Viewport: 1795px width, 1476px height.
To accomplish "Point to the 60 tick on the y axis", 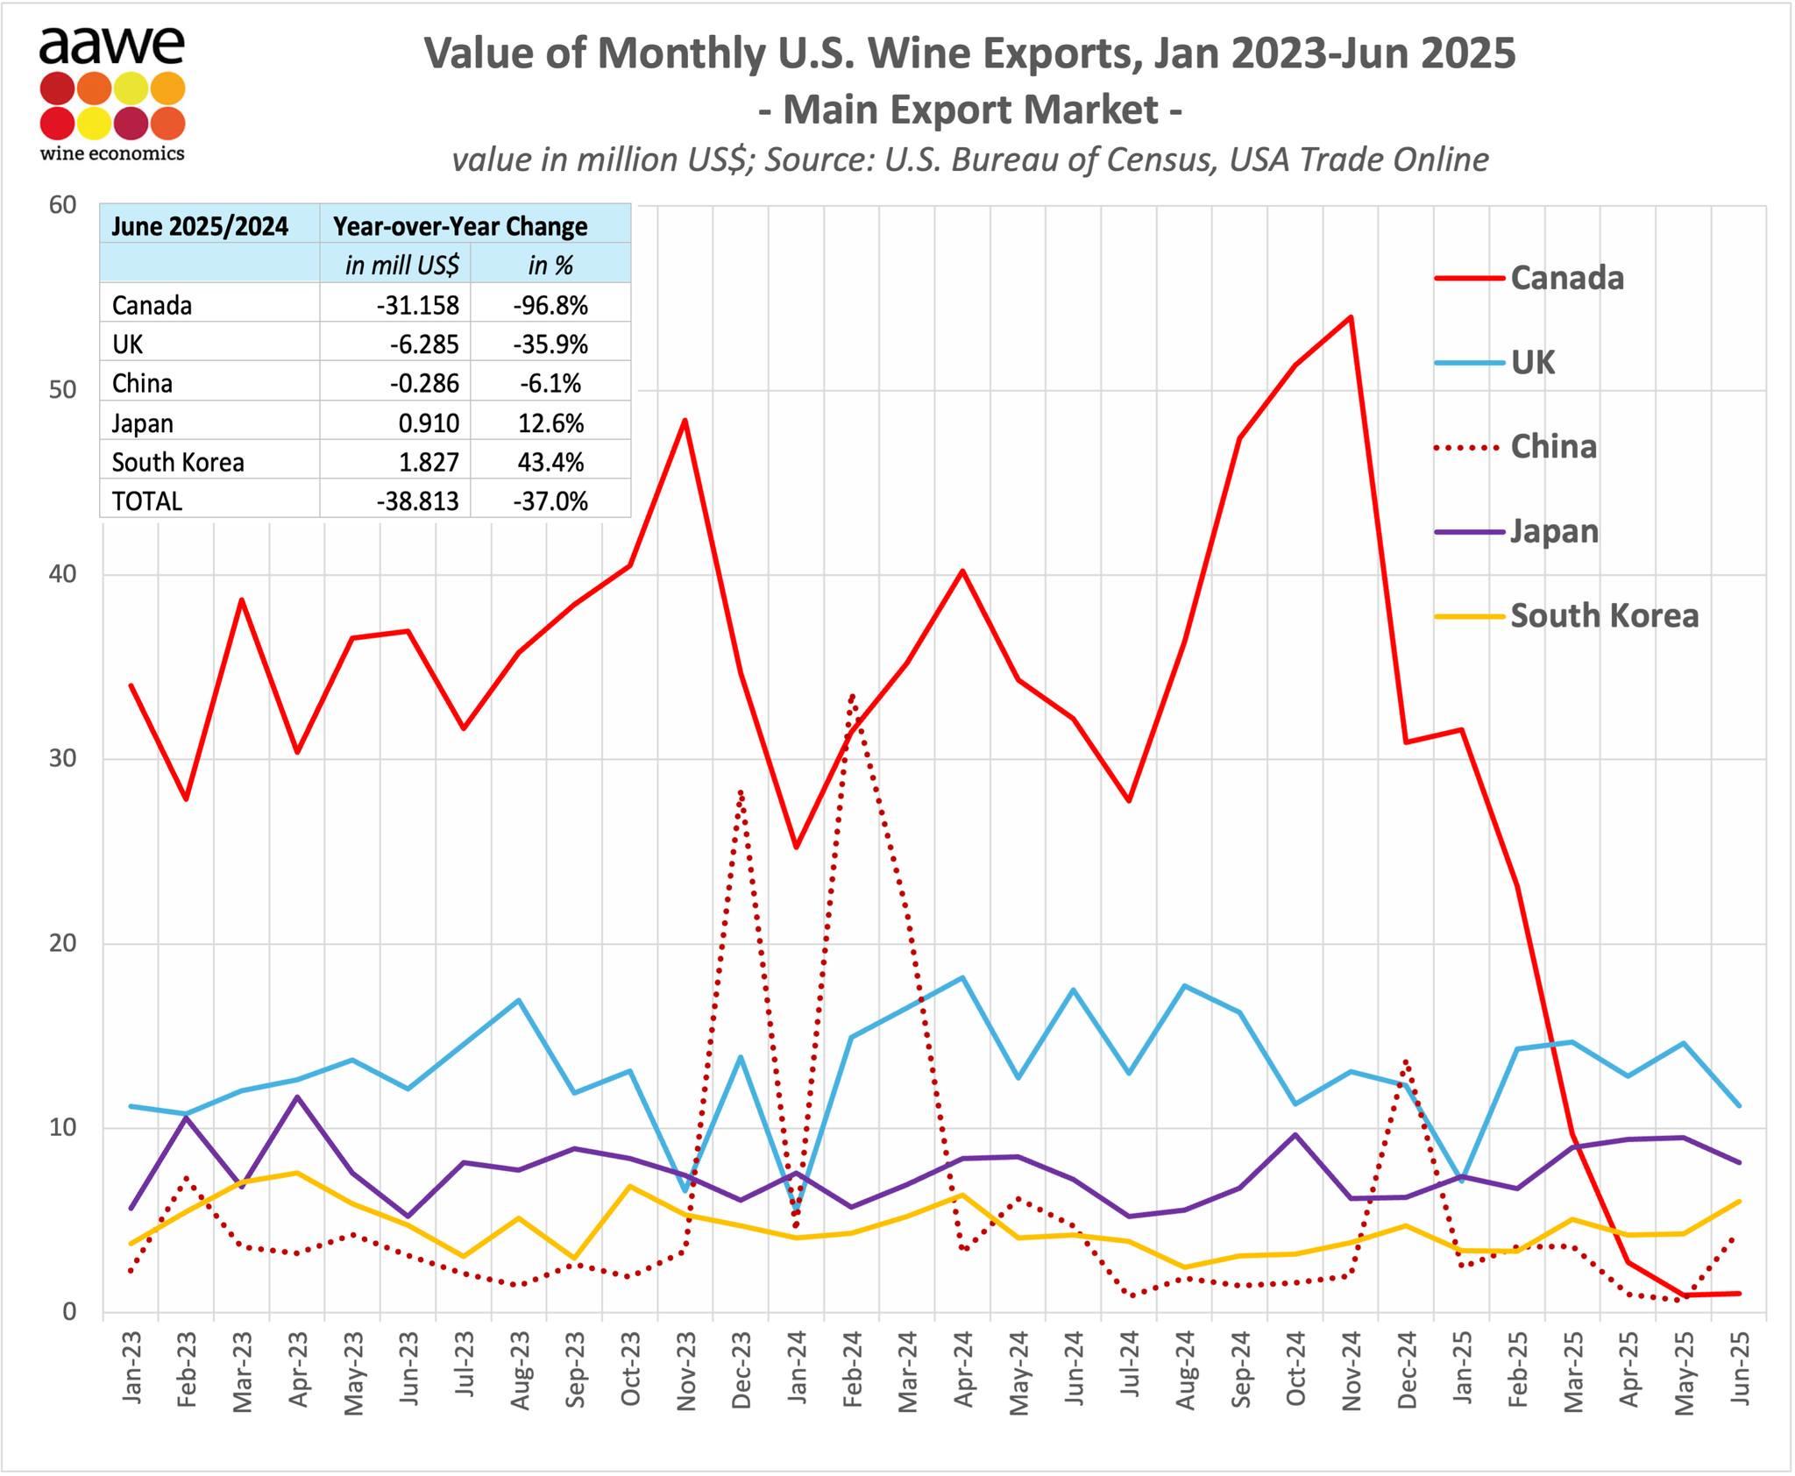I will pyautogui.click(x=63, y=205).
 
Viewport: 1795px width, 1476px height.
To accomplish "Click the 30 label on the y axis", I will pyautogui.click(x=63, y=759).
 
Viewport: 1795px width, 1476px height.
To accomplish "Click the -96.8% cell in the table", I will pyautogui.click(x=550, y=306).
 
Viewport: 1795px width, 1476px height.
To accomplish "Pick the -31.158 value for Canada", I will pyautogui.click(x=417, y=306).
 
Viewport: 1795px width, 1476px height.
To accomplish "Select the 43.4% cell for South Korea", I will pyautogui.click(x=550, y=463).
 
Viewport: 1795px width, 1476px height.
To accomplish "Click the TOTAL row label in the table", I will pyautogui.click(x=147, y=501).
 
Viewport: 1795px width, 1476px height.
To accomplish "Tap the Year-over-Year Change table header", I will pyautogui.click(x=460, y=227).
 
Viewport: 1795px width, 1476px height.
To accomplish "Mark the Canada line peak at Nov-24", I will pyautogui.click(x=1351, y=317).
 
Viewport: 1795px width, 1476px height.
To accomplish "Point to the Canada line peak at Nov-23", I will pyautogui.click(x=685, y=421).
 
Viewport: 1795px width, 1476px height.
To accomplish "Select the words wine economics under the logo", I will pyautogui.click(x=112, y=153).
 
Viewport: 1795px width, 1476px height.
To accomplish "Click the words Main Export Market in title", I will pyautogui.click(x=969, y=110).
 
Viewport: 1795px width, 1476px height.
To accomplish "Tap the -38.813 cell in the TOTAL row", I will pyautogui.click(x=417, y=501).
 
